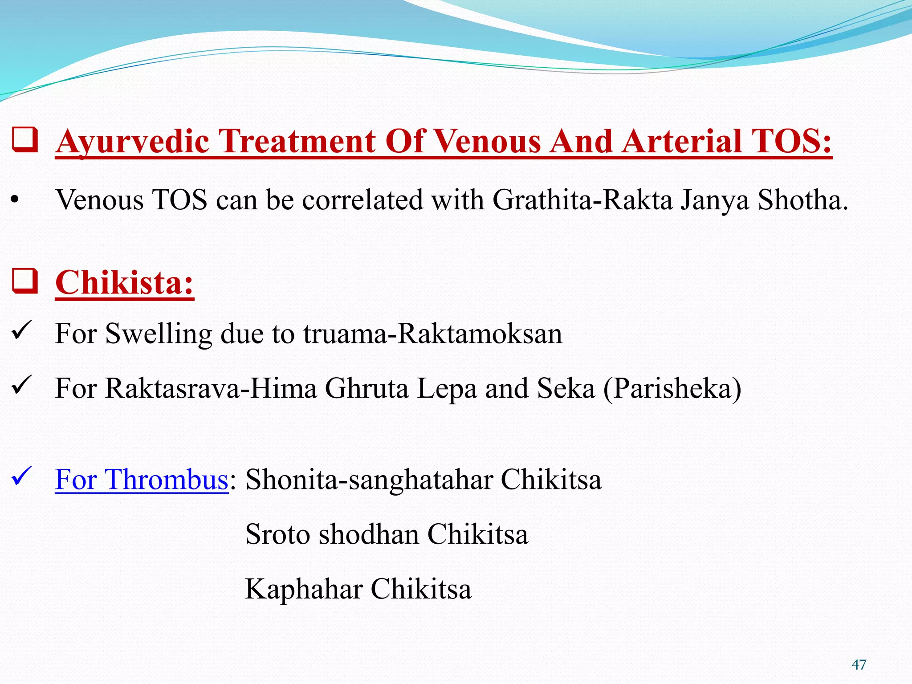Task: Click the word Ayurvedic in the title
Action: coord(132,142)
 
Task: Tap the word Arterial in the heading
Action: coord(682,142)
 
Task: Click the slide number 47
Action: coord(859,665)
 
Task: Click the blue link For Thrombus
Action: coord(142,480)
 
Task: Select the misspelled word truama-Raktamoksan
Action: coord(432,333)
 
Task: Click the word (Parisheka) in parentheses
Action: coord(672,388)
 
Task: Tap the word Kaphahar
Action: coord(304,589)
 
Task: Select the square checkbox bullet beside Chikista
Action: coord(24,281)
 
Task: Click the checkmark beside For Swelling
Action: coord(21,330)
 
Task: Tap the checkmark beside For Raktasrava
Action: coord(21,385)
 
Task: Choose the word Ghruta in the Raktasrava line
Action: coord(366,388)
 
